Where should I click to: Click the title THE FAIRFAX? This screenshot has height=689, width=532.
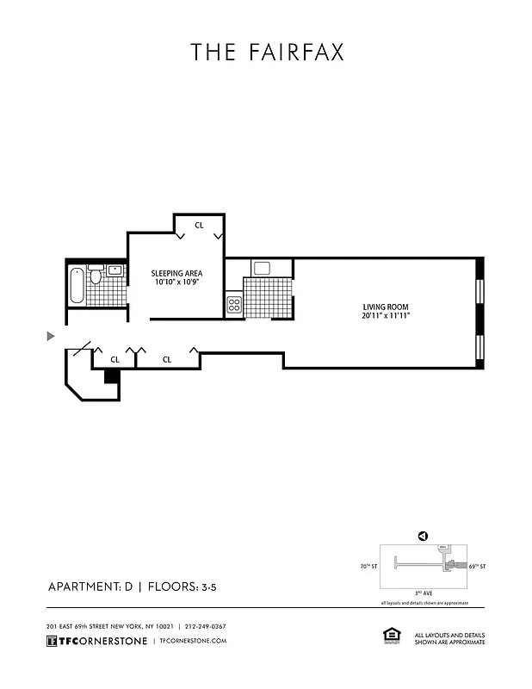[267, 53]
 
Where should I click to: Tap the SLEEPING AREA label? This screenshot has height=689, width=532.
[177, 273]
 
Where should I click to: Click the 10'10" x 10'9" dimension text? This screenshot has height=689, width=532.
[177, 282]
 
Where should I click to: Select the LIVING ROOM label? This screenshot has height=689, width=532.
[385, 307]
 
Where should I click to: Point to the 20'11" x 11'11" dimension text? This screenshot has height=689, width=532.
[385, 316]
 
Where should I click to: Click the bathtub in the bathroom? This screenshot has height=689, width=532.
[77, 286]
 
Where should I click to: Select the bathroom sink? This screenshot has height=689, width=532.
[115, 270]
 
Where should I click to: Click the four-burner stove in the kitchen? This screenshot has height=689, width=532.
[233, 303]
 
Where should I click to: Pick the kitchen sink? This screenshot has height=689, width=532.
[262, 268]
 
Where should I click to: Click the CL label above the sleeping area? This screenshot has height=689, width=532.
[199, 225]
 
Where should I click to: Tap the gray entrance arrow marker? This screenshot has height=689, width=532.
[51, 335]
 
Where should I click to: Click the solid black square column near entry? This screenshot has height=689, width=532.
[110, 376]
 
